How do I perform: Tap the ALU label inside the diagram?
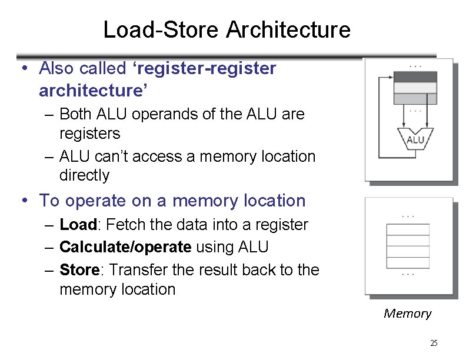point(415,140)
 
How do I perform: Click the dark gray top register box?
point(415,77)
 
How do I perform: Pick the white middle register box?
point(415,88)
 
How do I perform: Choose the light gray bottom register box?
point(415,98)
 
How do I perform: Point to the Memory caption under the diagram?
point(407,314)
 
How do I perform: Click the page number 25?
point(434,343)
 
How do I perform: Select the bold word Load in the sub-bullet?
point(78,225)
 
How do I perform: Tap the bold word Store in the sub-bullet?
point(79,270)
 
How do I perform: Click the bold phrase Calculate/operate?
point(125,247)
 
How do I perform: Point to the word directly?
point(84,175)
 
